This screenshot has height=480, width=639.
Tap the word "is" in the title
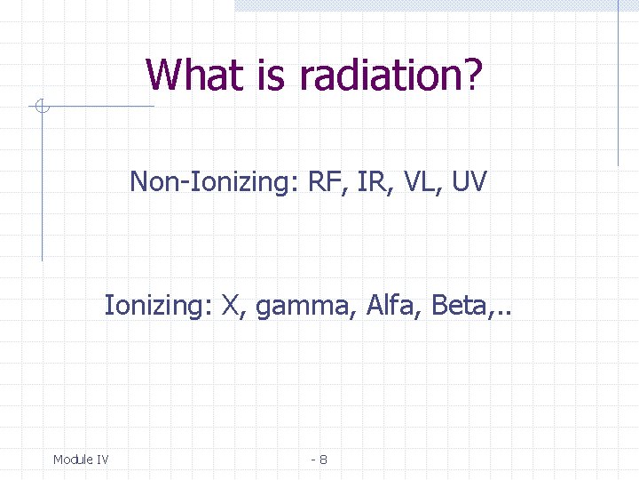click(x=271, y=75)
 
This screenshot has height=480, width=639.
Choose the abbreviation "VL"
click(x=417, y=182)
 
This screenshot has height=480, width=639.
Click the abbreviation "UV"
click(x=468, y=182)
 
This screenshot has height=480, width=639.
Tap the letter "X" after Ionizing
click(x=233, y=307)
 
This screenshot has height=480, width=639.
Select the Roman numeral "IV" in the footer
click(x=101, y=460)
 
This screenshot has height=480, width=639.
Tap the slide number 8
click(x=323, y=460)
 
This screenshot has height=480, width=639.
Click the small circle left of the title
click(x=41, y=108)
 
